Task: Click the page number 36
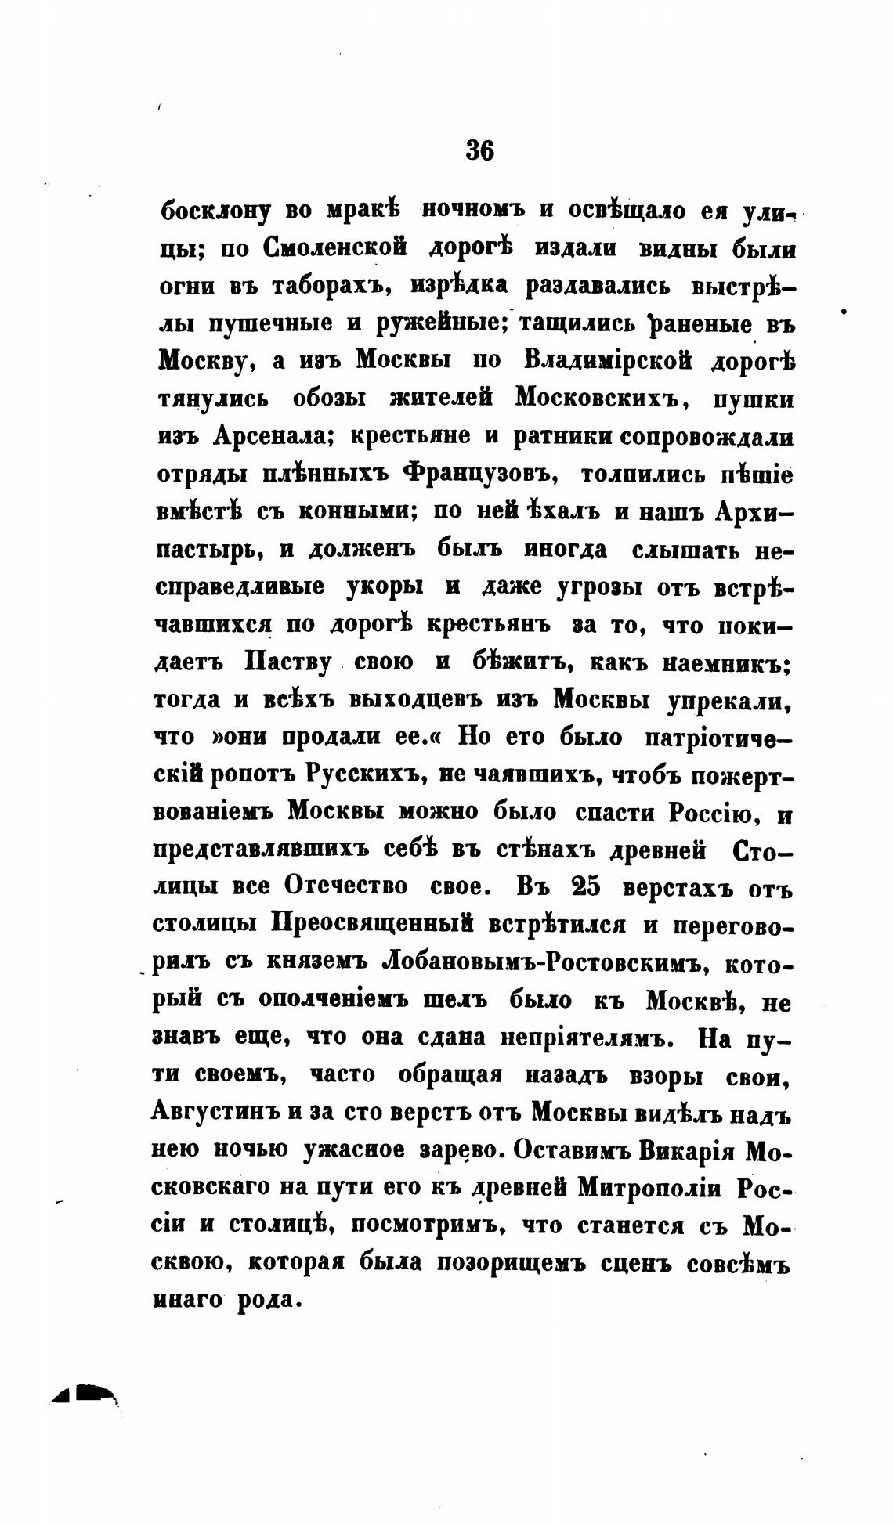(x=479, y=149)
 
